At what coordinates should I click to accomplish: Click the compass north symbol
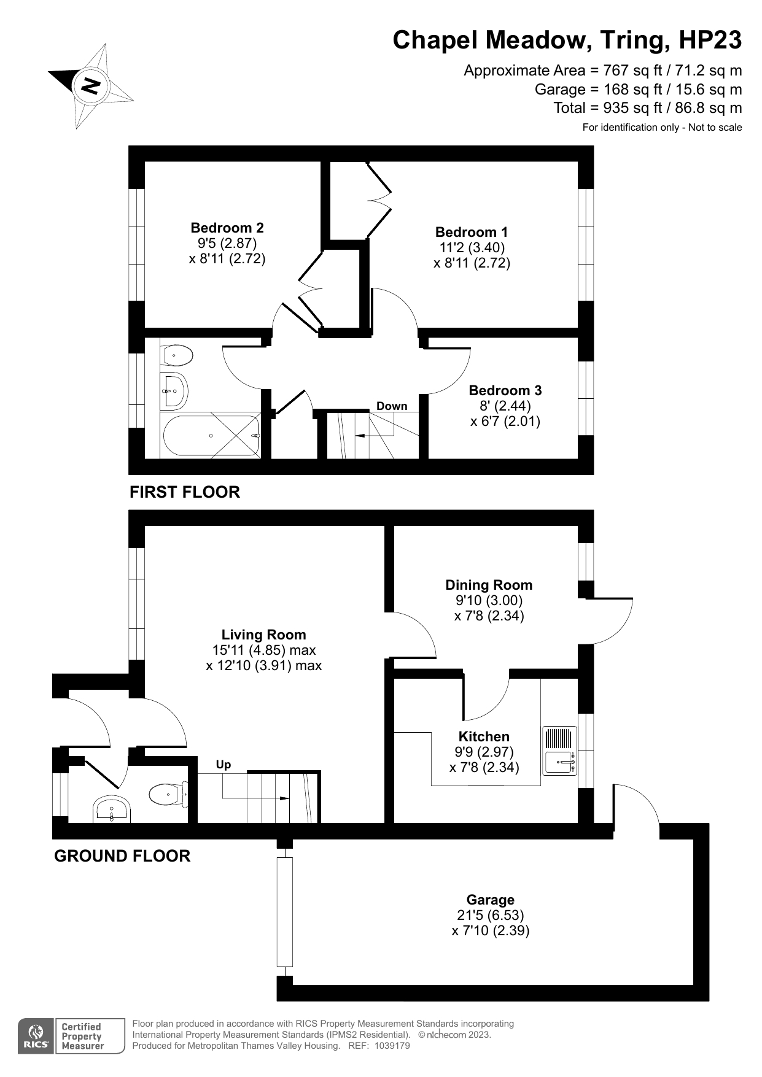[90, 86]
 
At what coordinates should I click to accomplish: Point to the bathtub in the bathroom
[211, 436]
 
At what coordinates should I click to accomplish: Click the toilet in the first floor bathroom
[177, 355]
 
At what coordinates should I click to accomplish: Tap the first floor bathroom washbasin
[174, 390]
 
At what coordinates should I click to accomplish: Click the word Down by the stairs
[392, 406]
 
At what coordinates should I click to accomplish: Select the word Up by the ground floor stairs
[224, 765]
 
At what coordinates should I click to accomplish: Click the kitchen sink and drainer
[559, 751]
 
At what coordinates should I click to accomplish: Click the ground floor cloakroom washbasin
[111, 809]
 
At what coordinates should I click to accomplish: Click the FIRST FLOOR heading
[185, 492]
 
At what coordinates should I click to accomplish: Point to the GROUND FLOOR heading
[122, 855]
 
